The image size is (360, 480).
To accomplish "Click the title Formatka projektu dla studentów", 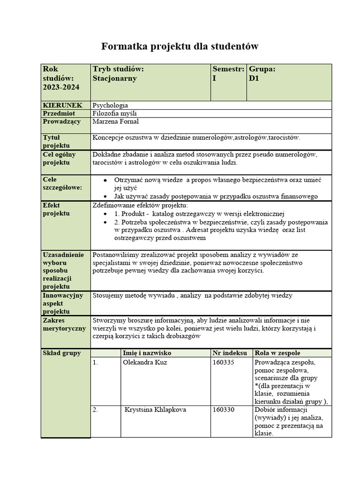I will (180, 46).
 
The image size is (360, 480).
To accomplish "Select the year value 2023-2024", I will (61, 87).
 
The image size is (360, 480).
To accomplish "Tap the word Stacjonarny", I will (115, 78).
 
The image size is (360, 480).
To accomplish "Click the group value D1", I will (254, 78).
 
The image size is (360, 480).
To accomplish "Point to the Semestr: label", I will (228, 69).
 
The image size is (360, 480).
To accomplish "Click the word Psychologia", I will (111, 105).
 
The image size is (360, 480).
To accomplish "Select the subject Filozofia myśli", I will (115, 113).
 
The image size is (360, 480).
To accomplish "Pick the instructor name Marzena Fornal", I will (116, 122).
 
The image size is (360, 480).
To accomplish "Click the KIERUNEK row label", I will (62, 105).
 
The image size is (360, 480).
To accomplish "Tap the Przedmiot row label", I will (59, 113).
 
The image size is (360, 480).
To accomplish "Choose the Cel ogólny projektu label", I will (59, 158).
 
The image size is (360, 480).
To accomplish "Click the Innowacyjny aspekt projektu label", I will (63, 303).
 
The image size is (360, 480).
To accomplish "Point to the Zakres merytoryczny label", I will (64, 324).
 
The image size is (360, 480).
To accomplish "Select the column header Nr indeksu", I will (229, 353).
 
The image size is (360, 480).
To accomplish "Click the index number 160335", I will (223, 362).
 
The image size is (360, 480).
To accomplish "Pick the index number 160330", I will (223, 410).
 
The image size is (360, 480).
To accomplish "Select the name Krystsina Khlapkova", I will (155, 410).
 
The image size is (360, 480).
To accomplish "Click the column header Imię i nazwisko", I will (147, 353).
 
